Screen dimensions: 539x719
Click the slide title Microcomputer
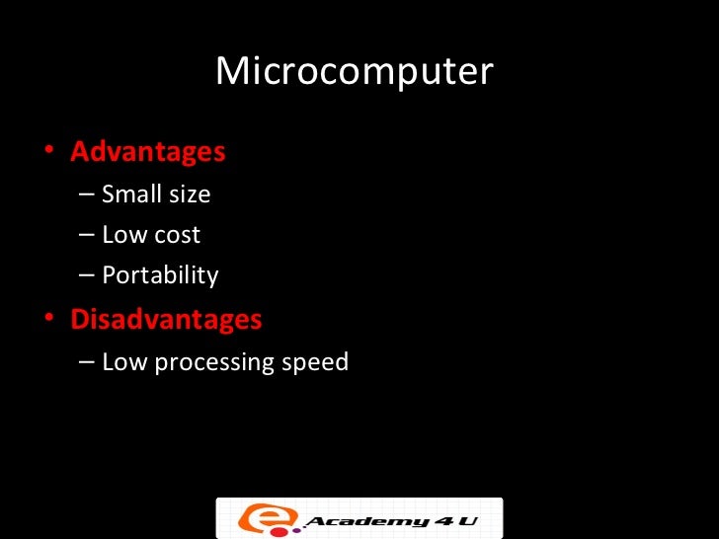(x=354, y=71)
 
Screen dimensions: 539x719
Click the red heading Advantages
(x=148, y=152)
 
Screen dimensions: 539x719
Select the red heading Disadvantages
(x=166, y=320)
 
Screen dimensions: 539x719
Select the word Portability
(x=160, y=275)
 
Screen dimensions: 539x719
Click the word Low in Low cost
(x=123, y=235)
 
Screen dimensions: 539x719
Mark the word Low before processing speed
(x=123, y=361)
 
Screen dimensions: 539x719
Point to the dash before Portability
(x=87, y=275)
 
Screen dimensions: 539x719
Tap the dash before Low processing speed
(x=87, y=362)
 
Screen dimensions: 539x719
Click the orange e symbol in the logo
(x=254, y=517)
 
